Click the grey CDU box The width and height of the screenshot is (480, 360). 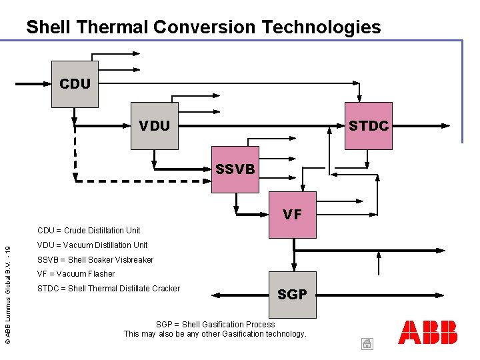75,84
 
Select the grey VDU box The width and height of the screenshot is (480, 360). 155,125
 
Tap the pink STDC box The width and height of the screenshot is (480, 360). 368,125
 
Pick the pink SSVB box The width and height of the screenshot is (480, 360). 235,169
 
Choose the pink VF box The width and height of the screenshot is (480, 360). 292,215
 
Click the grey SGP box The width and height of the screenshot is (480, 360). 292,294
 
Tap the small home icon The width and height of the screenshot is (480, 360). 367,344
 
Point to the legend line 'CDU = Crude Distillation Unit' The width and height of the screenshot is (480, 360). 89,231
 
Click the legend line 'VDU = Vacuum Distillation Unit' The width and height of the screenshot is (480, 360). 92,245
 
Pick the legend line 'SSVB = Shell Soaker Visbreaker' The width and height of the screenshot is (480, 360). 95,260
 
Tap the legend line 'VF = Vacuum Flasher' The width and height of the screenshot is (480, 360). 76,274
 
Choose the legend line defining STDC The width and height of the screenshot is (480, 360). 109,289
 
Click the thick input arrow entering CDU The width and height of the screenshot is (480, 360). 33,85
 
